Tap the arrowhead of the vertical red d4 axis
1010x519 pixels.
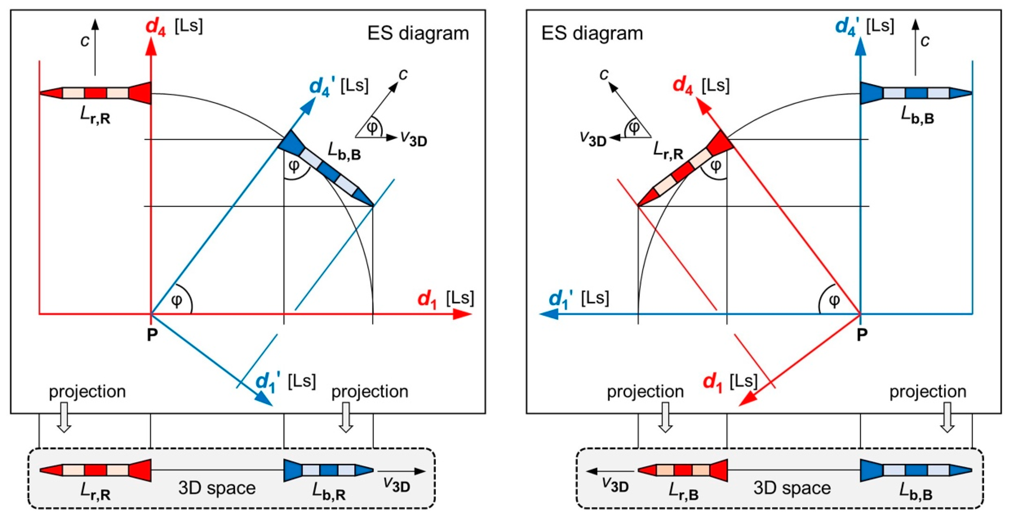[151, 48]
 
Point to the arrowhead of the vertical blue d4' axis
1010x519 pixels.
[860, 48]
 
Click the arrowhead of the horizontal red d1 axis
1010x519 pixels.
[463, 314]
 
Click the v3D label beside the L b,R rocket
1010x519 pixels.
[397, 485]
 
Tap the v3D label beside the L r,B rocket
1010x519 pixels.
[615, 485]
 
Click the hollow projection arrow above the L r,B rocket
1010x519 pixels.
[665, 417]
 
